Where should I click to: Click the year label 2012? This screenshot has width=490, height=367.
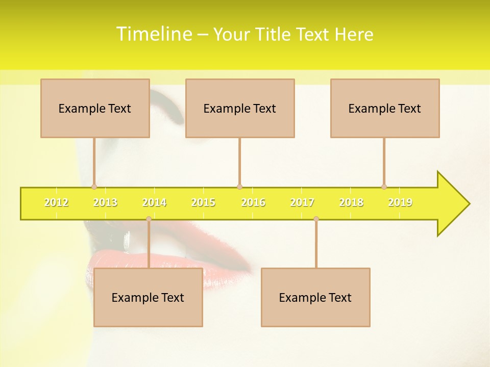(x=56, y=202)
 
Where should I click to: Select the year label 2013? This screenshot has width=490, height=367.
(x=105, y=202)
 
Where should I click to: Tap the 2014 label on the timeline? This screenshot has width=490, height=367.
(x=154, y=202)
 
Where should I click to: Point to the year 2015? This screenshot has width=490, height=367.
(x=203, y=202)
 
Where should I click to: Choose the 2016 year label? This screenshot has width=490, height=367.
(x=253, y=202)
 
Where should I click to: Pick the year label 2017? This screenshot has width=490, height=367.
(x=302, y=202)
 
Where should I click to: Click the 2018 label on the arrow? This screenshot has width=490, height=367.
(x=351, y=202)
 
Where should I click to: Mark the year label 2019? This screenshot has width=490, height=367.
(x=400, y=202)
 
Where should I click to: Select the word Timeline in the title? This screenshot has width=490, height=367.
(x=154, y=34)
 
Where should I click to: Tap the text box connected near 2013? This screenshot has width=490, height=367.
(x=95, y=108)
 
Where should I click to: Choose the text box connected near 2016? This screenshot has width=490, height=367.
(x=240, y=108)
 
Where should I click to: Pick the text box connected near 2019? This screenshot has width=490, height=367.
(x=385, y=108)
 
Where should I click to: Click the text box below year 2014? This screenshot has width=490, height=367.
(x=148, y=297)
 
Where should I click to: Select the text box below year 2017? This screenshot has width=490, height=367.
(x=315, y=297)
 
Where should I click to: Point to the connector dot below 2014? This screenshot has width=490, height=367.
(x=149, y=219)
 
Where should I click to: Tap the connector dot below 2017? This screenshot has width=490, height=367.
(x=316, y=219)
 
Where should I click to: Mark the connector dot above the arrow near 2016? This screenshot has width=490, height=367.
(x=239, y=187)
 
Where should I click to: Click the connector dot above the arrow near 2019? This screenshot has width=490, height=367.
(x=384, y=187)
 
